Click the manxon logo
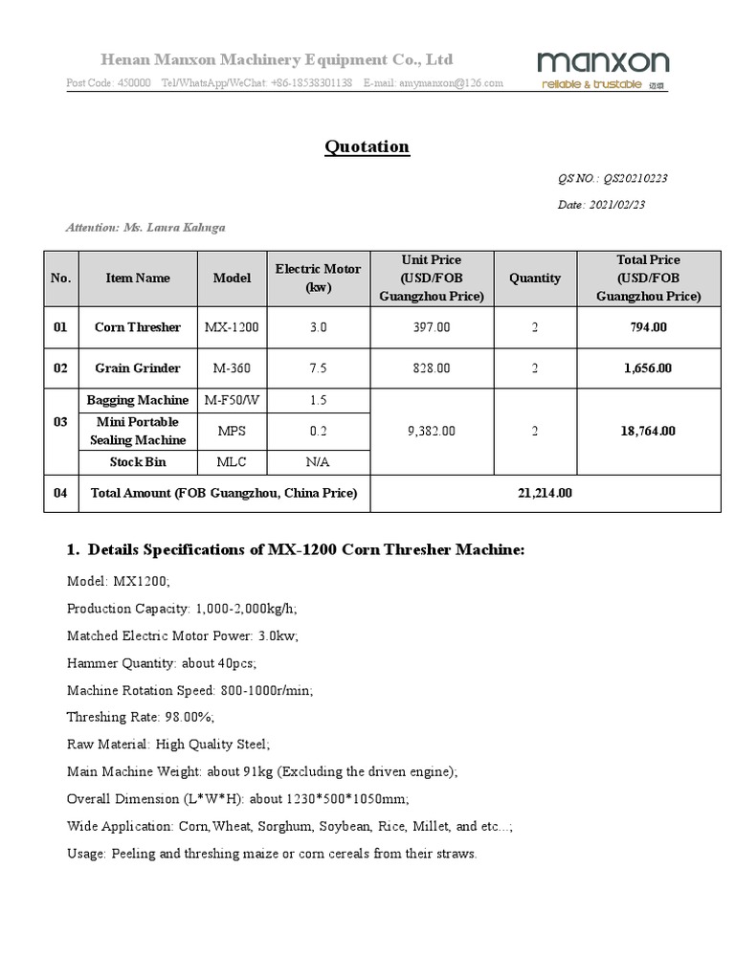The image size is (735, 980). [603, 70]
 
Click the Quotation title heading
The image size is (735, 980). [367, 146]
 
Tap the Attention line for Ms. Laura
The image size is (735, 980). [145, 228]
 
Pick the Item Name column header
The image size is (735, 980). [138, 278]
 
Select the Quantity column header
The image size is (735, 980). [534, 278]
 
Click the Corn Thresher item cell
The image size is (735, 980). [138, 327]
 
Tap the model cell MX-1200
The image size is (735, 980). [232, 327]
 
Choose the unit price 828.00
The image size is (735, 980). [432, 367]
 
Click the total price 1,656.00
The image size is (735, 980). [648, 367]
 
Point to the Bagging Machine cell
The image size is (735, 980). [138, 400]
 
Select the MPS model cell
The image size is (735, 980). [232, 431]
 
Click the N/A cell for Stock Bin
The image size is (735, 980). [318, 462]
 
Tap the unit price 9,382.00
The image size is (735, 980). [432, 431]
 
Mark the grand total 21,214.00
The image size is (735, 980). [545, 493]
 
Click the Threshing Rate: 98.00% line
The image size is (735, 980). [140, 717]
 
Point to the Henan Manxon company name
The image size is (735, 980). [278, 59]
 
